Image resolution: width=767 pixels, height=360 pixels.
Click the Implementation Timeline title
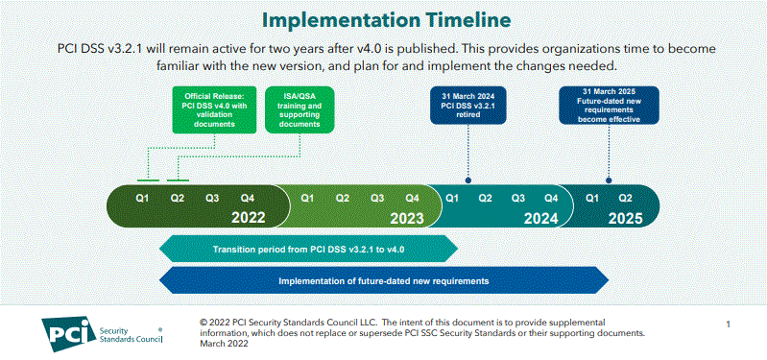pyautogui.click(x=388, y=19)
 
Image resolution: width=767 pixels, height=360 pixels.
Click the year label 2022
pyautogui.click(x=248, y=218)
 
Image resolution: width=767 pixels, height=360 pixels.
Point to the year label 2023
pyautogui.click(x=406, y=218)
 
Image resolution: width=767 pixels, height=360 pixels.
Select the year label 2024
pyautogui.click(x=540, y=218)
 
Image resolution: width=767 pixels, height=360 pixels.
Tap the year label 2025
pyautogui.click(x=624, y=218)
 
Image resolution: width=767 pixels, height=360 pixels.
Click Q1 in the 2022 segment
pyautogui.click(x=142, y=197)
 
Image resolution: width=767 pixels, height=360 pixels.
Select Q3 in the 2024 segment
pyautogui.click(x=518, y=197)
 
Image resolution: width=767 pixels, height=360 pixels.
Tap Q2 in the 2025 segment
pyautogui.click(x=625, y=197)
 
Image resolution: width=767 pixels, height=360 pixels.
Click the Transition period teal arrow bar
pyautogui.click(x=308, y=250)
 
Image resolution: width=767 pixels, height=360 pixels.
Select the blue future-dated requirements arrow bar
pyautogui.click(x=384, y=281)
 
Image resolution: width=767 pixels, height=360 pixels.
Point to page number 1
pyautogui.click(x=730, y=324)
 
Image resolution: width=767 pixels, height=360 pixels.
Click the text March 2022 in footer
pyautogui.click(x=223, y=344)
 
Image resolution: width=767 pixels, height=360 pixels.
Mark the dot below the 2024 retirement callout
pyautogui.click(x=467, y=180)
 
